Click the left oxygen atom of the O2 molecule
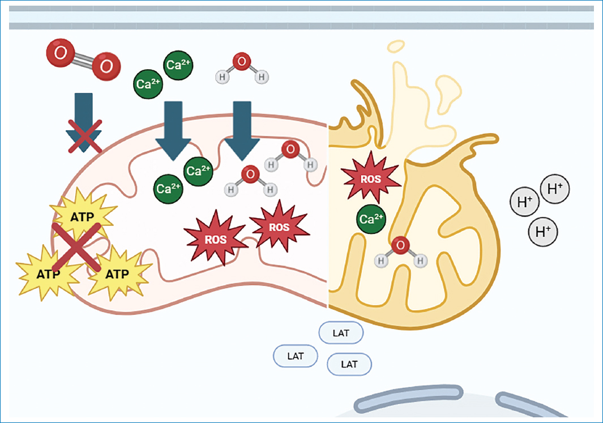point(61,53)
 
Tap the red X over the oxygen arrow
point(85,136)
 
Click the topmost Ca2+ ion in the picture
point(178,65)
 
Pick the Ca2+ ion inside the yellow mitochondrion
point(371,219)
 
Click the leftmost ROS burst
point(215,238)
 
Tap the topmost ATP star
point(82,216)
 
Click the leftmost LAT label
point(296,356)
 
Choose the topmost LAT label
point(341,333)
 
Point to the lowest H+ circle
point(543,232)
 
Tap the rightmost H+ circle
point(555,189)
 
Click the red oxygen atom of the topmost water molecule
point(242,62)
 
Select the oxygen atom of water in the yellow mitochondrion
point(400,245)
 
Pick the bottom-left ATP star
point(48,274)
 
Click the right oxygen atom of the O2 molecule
point(106,66)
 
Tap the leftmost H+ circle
point(525,202)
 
